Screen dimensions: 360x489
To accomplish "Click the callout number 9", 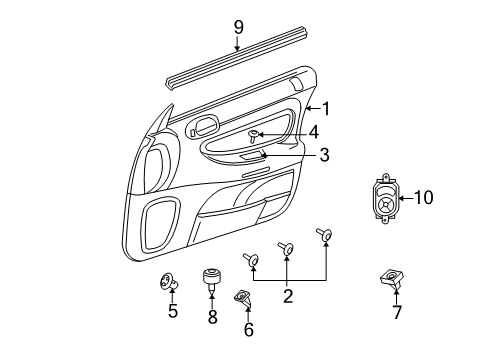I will (237, 26).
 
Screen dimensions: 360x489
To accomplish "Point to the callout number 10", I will (424, 198).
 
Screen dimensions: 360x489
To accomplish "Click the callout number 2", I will (287, 295).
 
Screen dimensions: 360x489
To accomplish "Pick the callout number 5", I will (172, 311).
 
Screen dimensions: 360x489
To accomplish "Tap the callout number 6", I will (248, 329).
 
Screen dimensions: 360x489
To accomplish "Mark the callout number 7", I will (397, 312).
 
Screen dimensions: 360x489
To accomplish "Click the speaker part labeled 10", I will (383, 200).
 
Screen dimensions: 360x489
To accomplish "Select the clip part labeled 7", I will (389, 281).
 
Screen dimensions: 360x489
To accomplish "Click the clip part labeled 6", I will (243, 296).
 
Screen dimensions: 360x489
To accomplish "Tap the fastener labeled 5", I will (167, 284).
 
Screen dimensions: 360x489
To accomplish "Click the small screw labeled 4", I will (255, 134).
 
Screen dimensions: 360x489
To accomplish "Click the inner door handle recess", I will (204, 127).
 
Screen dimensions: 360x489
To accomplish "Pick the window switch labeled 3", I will (251, 156).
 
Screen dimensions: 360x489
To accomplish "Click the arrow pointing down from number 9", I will (237, 46).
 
